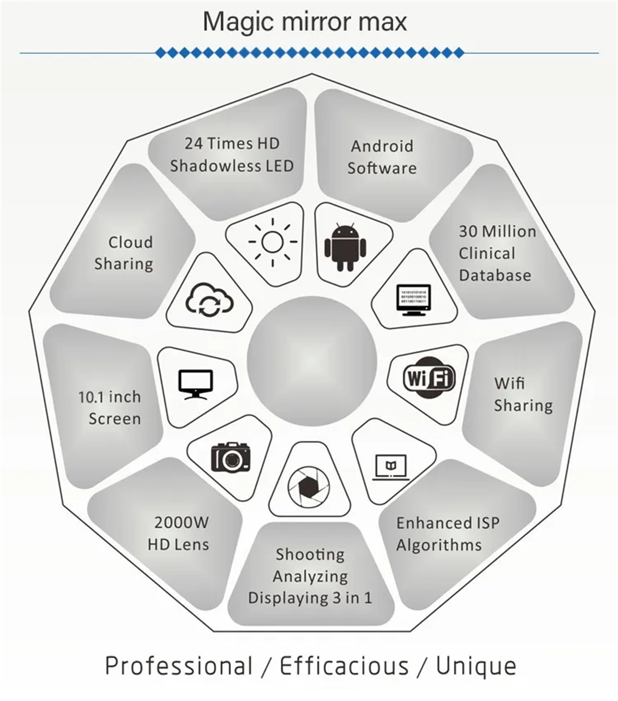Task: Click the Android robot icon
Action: click(x=345, y=247)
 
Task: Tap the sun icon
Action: click(x=272, y=242)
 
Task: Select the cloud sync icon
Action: click(x=210, y=299)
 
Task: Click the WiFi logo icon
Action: click(x=429, y=378)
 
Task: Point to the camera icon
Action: click(x=231, y=457)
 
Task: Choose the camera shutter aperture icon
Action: click(x=308, y=487)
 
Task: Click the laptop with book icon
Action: click(x=391, y=467)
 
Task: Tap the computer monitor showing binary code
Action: click(x=414, y=300)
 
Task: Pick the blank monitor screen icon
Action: click(x=196, y=385)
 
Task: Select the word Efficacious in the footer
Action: click(x=344, y=665)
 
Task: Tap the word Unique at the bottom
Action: click(x=476, y=666)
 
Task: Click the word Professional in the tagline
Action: click(x=179, y=665)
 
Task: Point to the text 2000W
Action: click(x=181, y=523)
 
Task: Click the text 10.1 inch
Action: click(x=110, y=397)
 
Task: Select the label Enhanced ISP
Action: click(x=448, y=523)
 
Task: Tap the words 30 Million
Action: click(x=497, y=231)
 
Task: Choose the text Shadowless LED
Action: click(x=232, y=166)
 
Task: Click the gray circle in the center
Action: click(x=312, y=361)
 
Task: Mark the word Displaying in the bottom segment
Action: click(x=288, y=598)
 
